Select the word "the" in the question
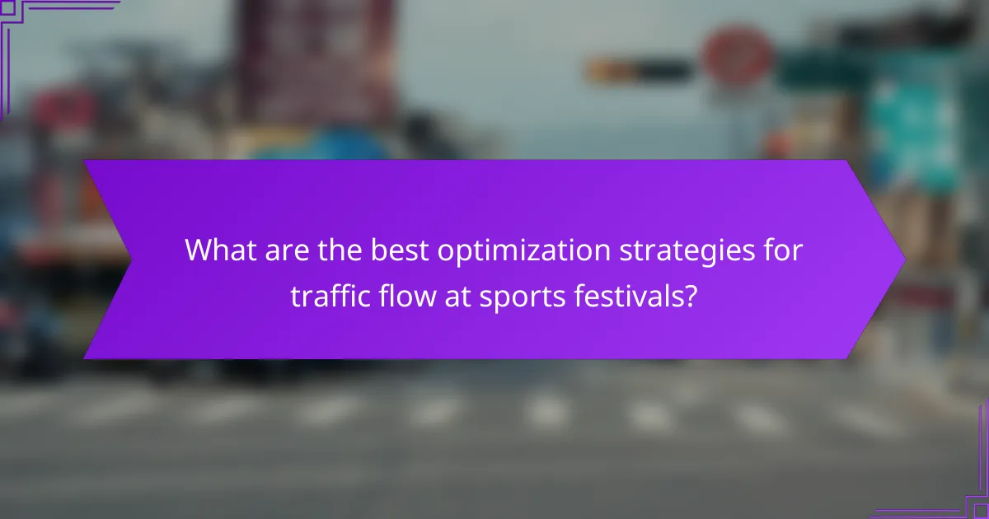click(339, 250)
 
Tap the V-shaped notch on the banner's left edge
click(130, 259)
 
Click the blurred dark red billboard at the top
click(317, 58)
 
